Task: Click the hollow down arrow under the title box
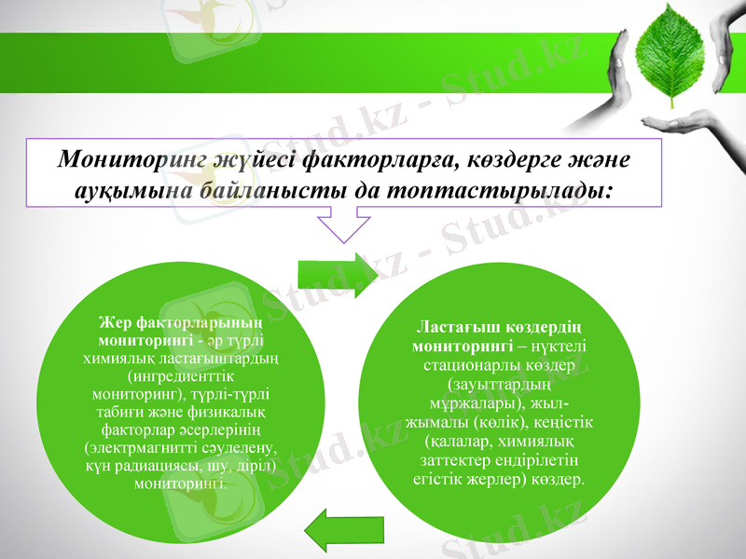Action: click(x=345, y=227)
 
